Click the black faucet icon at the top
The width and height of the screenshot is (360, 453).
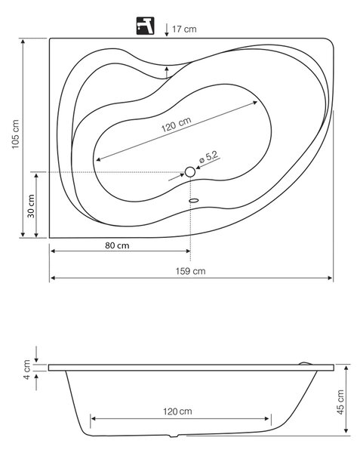[145, 26]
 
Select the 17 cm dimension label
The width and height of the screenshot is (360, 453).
[184, 29]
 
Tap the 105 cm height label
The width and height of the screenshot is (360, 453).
[15, 134]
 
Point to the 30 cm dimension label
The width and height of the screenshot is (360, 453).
[31, 206]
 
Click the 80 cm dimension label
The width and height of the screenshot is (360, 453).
[117, 245]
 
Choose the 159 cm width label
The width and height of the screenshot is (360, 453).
[190, 271]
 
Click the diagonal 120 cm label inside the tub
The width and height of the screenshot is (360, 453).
[176, 125]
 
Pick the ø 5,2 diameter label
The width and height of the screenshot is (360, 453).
[209, 157]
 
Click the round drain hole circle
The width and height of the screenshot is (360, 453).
[190, 172]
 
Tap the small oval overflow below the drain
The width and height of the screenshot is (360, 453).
[194, 200]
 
